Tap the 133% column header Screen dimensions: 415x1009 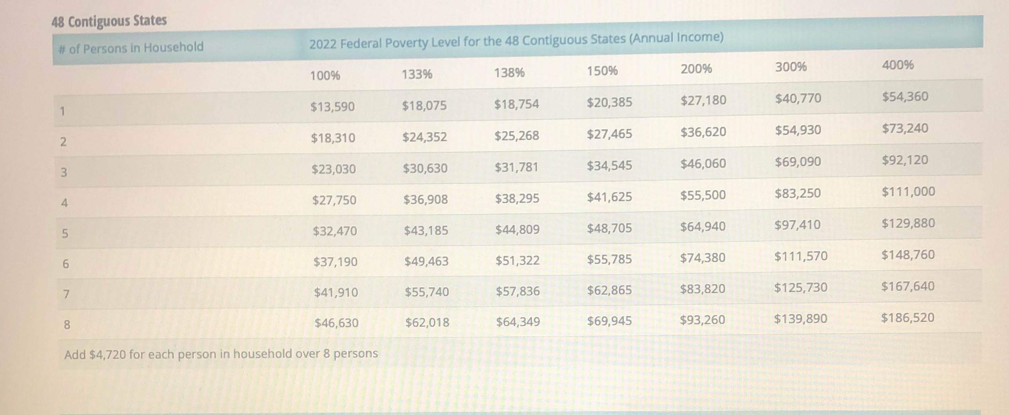coord(417,74)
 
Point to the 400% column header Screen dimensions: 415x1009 coord(898,65)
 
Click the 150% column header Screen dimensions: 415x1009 coord(602,71)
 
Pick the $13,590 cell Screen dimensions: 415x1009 coord(332,106)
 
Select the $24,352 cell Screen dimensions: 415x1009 coord(425,137)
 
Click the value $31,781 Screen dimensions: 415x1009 coord(516,167)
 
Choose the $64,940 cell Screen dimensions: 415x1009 coord(703,227)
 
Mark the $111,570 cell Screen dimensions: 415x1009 coord(800,256)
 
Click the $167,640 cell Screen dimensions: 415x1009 coord(908,286)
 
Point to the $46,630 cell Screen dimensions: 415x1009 coord(336,323)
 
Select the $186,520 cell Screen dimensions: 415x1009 coord(908,317)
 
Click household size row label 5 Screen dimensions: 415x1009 coord(65,233)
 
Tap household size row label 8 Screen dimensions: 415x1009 coord(67,325)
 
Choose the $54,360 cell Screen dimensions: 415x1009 coord(905,96)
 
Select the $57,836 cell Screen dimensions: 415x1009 coord(517,291)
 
